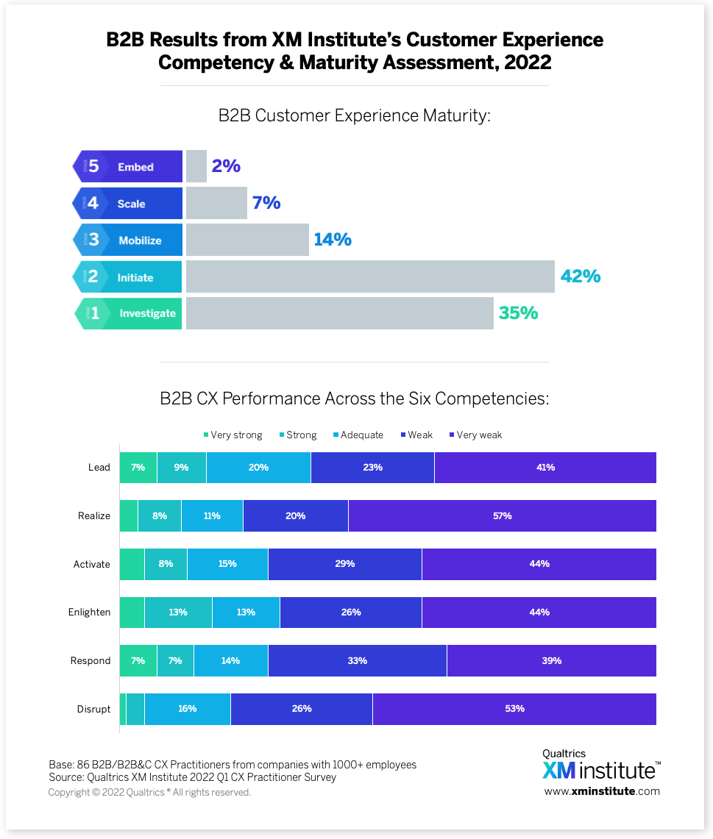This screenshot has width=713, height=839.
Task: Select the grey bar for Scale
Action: (216, 203)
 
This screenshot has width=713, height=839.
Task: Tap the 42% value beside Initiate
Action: (581, 276)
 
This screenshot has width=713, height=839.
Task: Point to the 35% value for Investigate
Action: (519, 313)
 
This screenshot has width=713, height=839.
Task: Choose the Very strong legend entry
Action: (233, 435)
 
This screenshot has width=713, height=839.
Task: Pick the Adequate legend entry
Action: (357, 435)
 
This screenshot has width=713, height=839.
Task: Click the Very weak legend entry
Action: (475, 435)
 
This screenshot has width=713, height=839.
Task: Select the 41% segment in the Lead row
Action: (545, 468)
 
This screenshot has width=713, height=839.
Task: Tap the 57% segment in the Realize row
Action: (503, 515)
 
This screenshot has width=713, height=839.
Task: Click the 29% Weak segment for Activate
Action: (344, 564)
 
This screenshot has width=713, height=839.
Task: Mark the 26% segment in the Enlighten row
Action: (350, 612)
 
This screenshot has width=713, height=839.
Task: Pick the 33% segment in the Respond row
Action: (358, 660)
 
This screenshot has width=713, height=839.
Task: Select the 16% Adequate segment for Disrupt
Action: (187, 709)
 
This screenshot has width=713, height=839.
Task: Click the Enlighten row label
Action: (89, 612)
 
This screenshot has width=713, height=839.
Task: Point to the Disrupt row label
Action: (93, 709)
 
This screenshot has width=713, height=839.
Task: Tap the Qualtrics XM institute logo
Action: (601, 765)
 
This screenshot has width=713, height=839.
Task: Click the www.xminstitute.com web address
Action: (602, 791)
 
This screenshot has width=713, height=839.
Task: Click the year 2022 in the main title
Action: (528, 63)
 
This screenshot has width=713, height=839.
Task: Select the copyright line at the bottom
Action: (149, 793)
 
